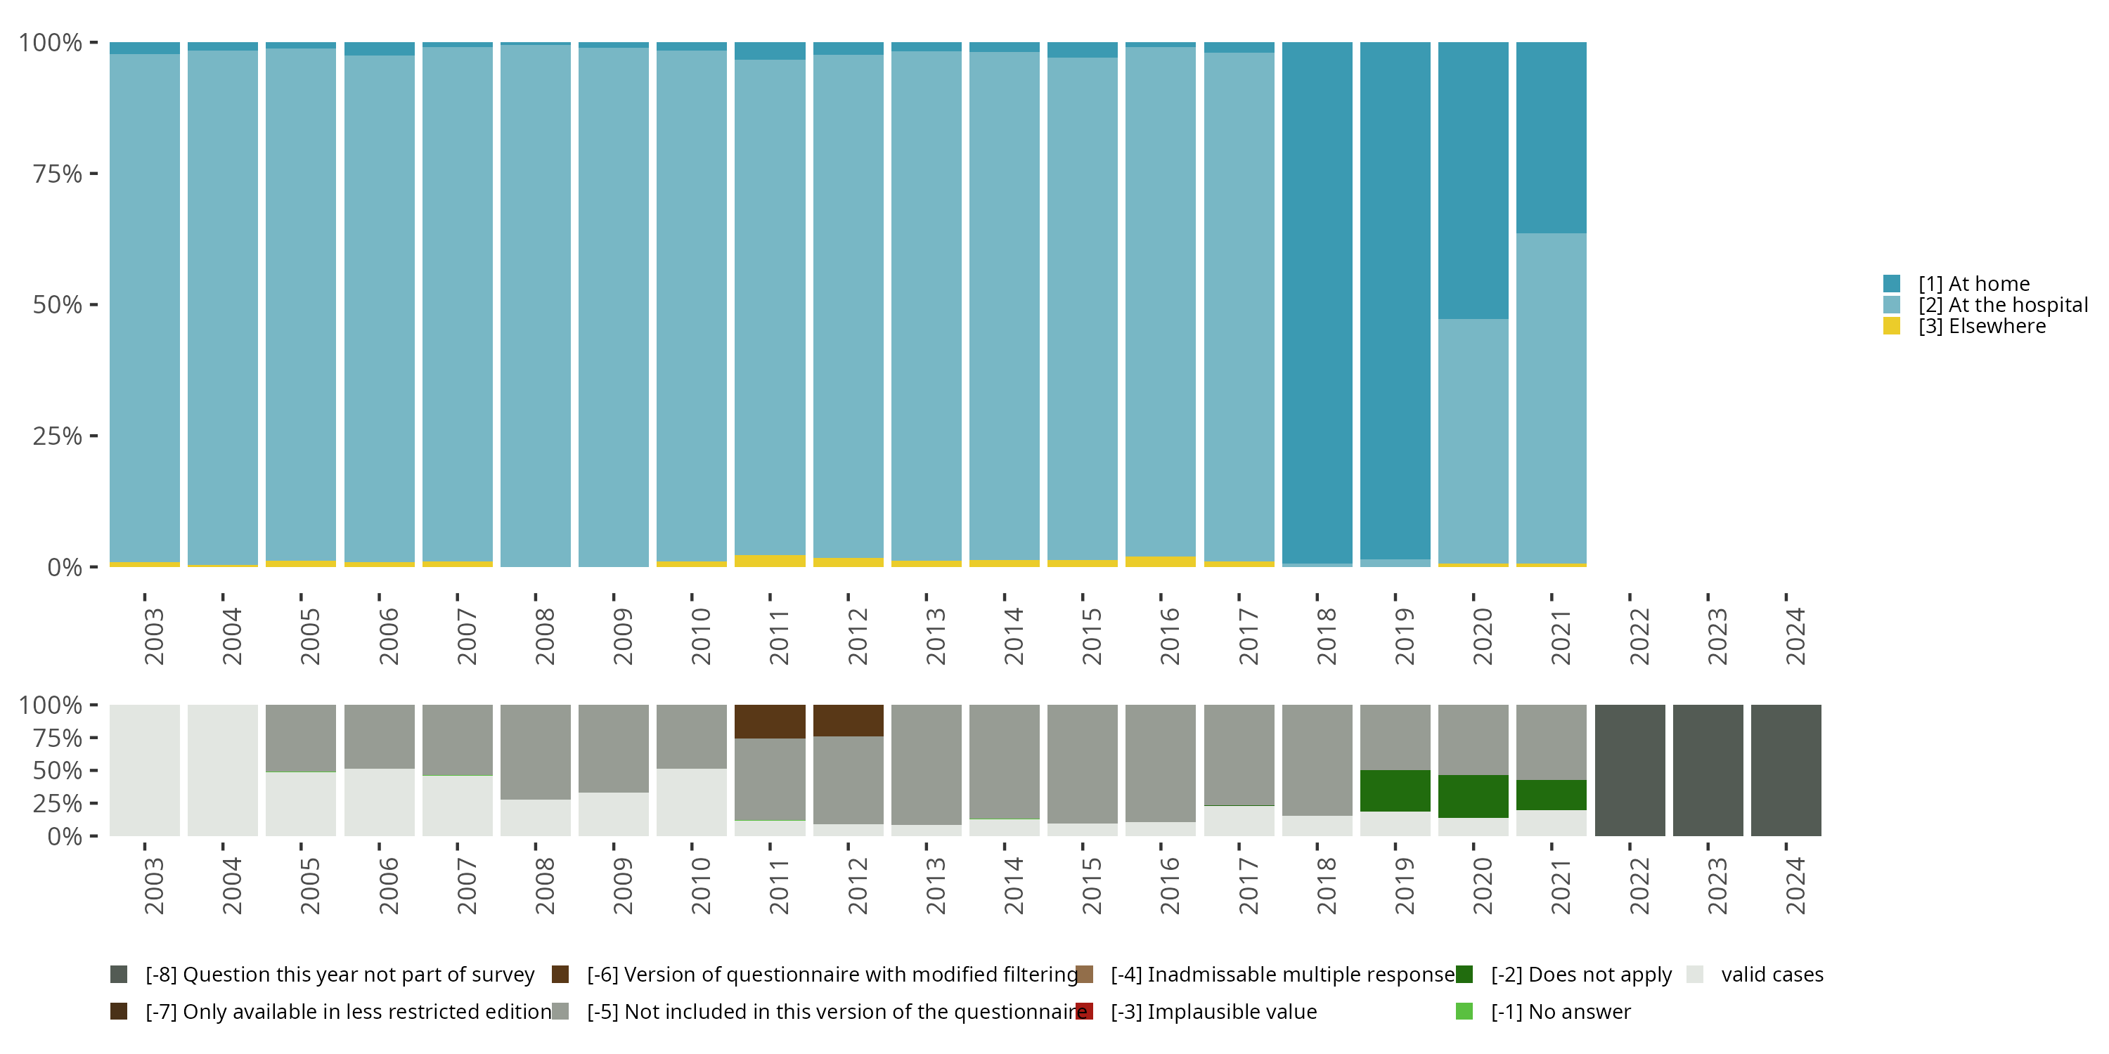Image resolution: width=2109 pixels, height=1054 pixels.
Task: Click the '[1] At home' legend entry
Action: point(1973,284)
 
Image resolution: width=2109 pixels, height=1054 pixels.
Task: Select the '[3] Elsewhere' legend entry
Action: point(1981,327)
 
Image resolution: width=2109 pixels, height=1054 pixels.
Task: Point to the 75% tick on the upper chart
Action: point(93,174)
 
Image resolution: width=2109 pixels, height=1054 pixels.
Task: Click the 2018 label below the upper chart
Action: point(1325,636)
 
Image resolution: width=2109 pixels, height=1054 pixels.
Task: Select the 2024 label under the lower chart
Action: point(1794,886)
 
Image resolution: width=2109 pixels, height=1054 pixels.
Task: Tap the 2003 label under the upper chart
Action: point(153,636)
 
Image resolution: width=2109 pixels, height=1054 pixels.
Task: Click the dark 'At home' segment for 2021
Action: point(1551,138)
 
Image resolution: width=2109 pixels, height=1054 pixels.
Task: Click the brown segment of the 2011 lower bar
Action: point(770,721)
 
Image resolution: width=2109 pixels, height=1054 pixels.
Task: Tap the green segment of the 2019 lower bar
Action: point(1395,790)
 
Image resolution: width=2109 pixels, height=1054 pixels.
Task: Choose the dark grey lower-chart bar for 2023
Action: point(1708,770)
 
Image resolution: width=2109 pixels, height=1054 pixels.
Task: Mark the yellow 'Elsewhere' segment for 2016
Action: point(1160,561)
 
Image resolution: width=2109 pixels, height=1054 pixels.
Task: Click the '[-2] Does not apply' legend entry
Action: point(1581,975)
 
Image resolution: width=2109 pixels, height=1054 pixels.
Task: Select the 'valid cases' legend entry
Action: point(1772,975)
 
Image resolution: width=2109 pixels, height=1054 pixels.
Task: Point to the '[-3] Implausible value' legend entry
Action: point(1213,1011)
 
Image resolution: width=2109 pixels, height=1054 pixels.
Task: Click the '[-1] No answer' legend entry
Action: point(1561,1011)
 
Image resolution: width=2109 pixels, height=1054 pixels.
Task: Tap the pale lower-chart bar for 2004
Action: point(223,770)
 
